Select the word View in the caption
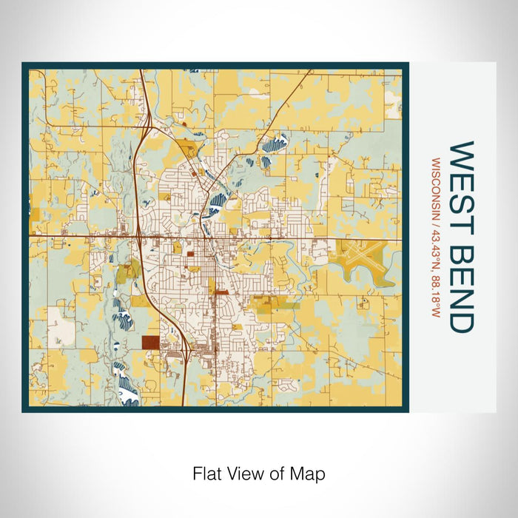pos(242,473)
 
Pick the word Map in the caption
pos(310,473)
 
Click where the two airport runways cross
pos(361,254)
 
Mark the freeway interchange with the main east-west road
pos(139,237)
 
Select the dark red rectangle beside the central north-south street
pos(221,293)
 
